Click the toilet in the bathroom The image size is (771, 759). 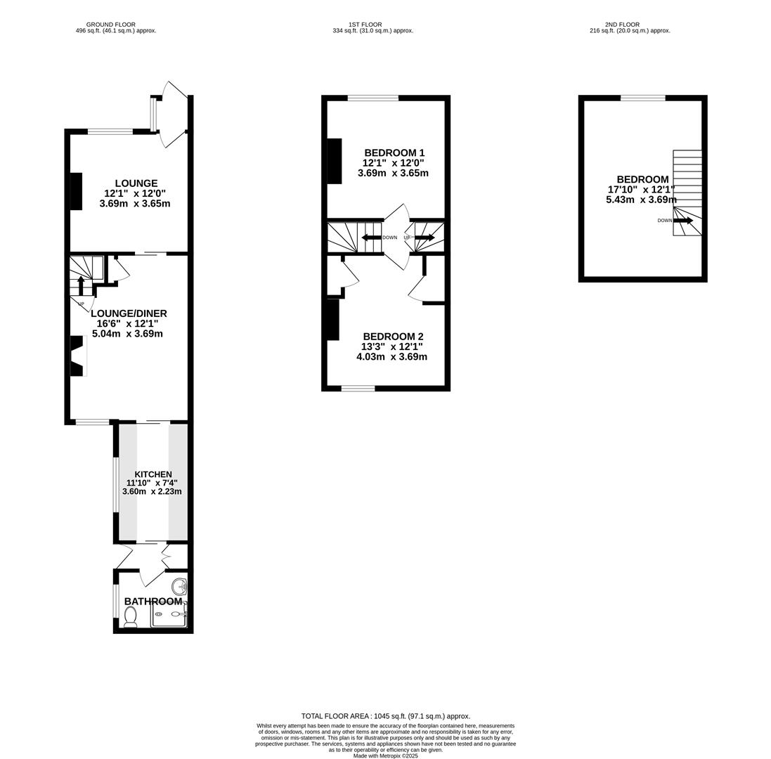[130, 616]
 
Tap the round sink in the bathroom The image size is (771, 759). [179, 586]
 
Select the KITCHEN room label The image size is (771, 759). [153, 474]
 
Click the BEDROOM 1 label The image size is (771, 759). [394, 153]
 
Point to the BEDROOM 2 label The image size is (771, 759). [393, 337]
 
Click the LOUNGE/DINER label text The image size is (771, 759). [129, 313]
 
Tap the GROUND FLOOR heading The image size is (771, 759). [111, 25]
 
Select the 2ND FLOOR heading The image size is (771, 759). [623, 25]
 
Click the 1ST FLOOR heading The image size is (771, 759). [365, 25]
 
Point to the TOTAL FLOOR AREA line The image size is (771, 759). [385, 716]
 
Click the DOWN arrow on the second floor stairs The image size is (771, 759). [683, 221]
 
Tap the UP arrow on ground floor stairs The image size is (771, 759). [81, 285]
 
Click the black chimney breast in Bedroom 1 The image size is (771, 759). [335, 161]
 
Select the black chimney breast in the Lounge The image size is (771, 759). [76, 191]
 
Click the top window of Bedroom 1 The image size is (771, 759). [373, 98]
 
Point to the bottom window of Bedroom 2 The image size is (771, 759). [358, 388]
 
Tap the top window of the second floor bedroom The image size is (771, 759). [642, 98]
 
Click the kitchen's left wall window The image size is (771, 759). [116, 485]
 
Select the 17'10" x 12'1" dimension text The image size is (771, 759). [641, 189]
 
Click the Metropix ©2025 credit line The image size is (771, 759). [385, 756]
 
